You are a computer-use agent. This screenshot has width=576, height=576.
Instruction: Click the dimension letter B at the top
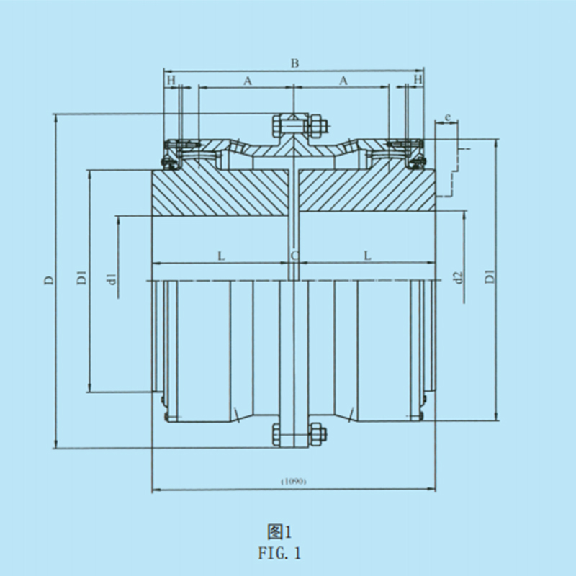click(x=294, y=63)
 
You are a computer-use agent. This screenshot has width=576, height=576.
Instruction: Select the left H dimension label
click(x=171, y=80)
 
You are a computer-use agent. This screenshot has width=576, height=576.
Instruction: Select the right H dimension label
click(x=418, y=79)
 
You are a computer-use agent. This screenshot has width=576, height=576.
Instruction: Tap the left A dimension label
click(x=248, y=81)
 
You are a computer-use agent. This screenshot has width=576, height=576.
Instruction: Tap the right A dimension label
click(x=343, y=80)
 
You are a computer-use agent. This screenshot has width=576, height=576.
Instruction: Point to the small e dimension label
click(x=447, y=117)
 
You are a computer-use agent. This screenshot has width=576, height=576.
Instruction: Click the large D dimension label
click(x=49, y=280)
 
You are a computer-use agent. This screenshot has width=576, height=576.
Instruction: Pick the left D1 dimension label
click(x=81, y=278)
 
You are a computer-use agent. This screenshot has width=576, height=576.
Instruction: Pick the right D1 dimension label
click(x=490, y=276)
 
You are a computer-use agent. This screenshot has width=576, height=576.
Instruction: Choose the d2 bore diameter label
click(x=458, y=278)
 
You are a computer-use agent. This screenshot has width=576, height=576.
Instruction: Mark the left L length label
click(x=221, y=256)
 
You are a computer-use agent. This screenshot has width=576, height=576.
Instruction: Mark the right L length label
click(x=367, y=256)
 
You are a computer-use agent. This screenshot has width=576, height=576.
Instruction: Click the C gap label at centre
click(x=294, y=256)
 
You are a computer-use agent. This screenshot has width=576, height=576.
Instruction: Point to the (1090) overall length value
click(x=294, y=481)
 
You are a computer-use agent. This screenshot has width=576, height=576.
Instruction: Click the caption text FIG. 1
click(x=279, y=553)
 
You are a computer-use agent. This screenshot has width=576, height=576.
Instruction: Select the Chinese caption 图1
click(x=279, y=532)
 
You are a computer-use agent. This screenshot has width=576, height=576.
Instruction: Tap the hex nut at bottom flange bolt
click(x=318, y=435)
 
